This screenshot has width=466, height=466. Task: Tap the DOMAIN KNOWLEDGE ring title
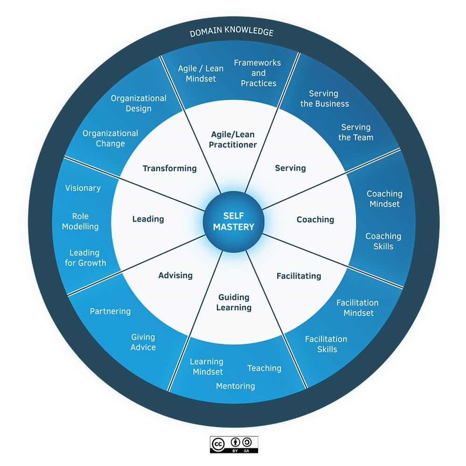point(231,32)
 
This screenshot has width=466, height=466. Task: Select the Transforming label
point(169,168)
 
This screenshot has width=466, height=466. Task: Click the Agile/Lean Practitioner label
point(232,139)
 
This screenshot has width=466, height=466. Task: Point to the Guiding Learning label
point(234,302)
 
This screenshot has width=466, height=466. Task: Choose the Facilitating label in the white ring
point(299,276)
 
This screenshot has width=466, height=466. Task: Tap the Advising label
point(175,275)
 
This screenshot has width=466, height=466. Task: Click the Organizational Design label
point(138,103)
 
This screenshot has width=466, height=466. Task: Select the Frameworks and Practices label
point(257,73)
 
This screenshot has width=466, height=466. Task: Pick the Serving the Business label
point(324,99)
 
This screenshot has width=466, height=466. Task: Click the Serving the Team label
point(355,132)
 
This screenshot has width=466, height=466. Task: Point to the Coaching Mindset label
point(384,199)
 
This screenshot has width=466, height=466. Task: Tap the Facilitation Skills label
point(326,344)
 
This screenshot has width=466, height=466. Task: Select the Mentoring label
point(235,386)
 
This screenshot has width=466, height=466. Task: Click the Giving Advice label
point(143,342)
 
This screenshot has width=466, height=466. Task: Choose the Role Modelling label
point(80,221)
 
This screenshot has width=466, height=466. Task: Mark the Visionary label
point(83,188)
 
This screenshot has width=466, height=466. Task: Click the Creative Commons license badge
point(234,445)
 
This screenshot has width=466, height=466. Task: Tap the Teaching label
point(264,368)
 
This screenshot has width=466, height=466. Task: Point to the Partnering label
point(110,311)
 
